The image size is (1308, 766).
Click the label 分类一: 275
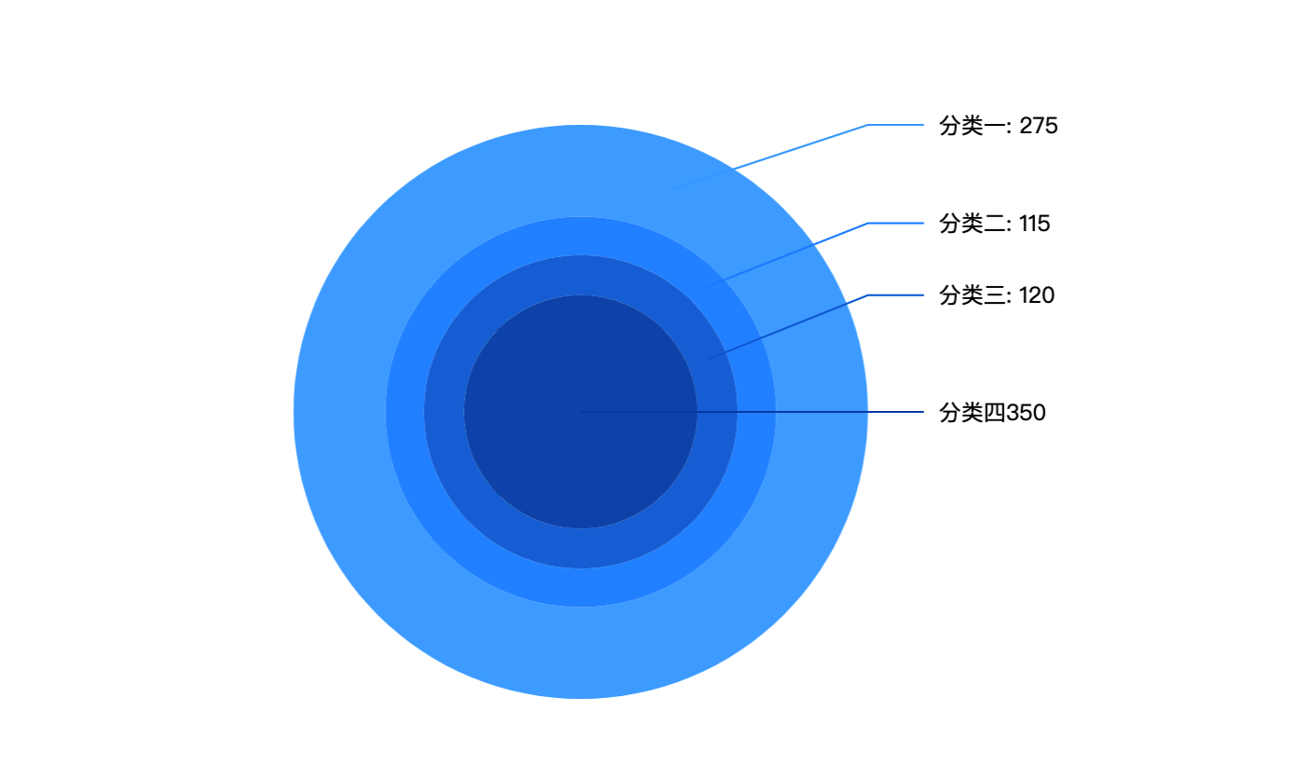998,126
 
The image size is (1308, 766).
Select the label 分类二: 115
994,224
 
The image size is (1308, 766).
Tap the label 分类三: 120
997,295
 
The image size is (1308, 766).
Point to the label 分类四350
992,413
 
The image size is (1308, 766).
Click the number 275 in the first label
1039,126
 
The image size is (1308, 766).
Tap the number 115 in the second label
1035,224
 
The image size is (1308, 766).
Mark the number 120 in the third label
1037,295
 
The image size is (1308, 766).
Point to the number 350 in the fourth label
1027,413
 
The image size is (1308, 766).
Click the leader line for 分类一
801,146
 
